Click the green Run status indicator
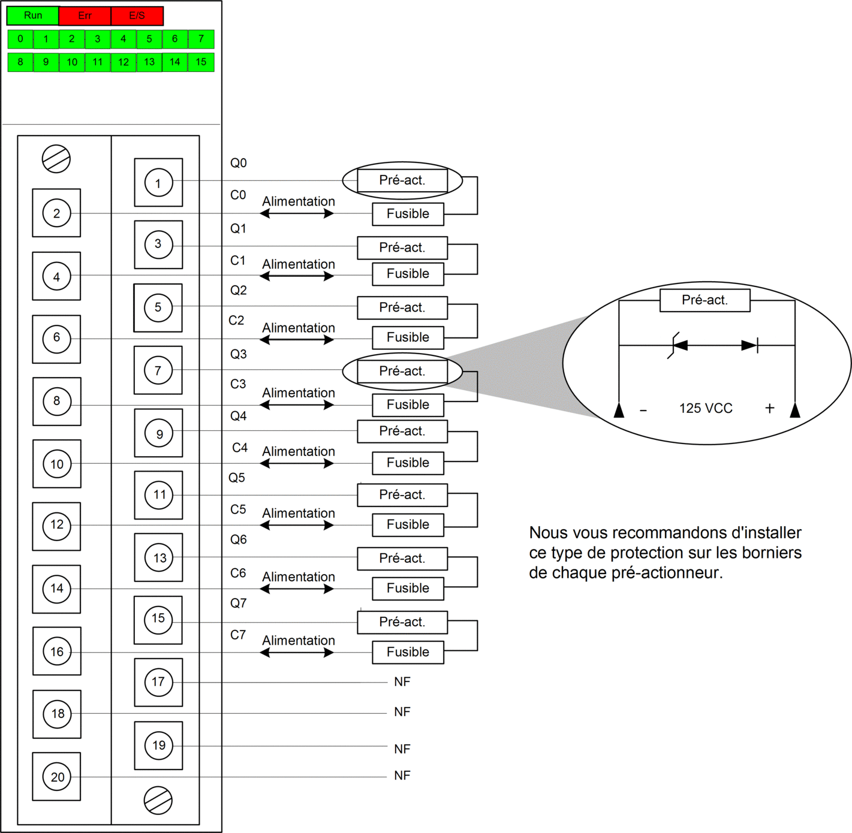[x=33, y=16]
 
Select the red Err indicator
[x=85, y=16]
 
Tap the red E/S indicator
[x=137, y=16]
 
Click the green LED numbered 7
[x=201, y=39]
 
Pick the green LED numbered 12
[x=124, y=62]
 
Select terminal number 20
[x=57, y=777]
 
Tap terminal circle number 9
[x=159, y=433]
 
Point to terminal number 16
[x=57, y=651]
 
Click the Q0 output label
[x=239, y=163]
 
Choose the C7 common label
[x=238, y=635]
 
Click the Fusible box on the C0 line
[x=408, y=214]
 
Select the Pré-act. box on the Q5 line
[x=402, y=495]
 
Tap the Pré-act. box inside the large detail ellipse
[x=705, y=300]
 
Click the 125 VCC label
[x=706, y=408]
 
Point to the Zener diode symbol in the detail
[x=677, y=346]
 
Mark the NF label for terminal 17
[x=402, y=682]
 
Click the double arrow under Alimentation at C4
[x=297, y=464]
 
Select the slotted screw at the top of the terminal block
[x=56, y=159]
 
